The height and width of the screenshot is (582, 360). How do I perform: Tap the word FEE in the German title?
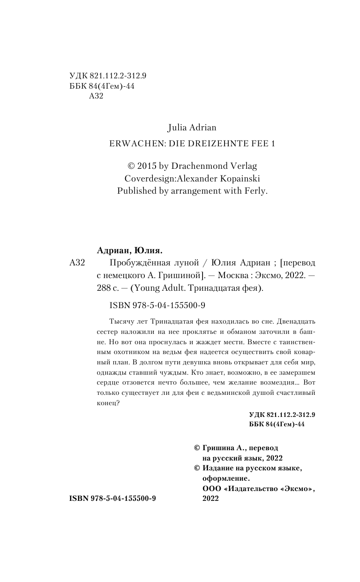[x=256, y=144]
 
